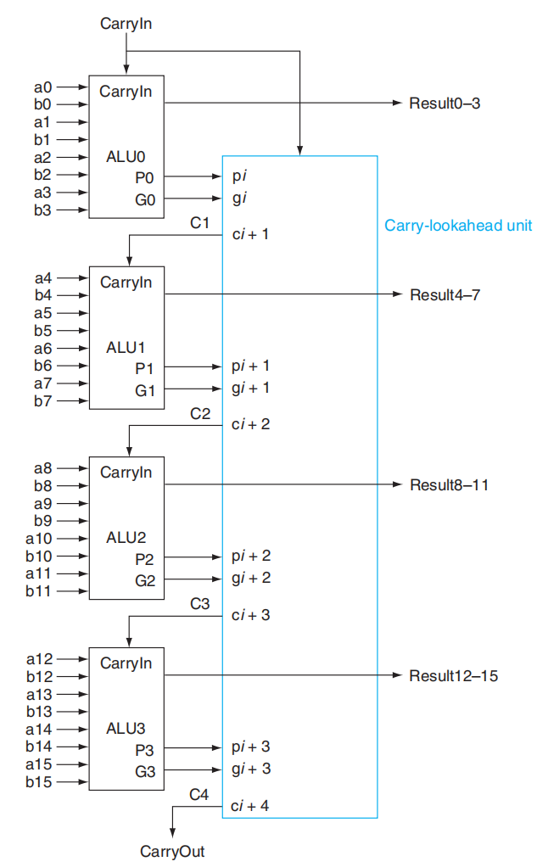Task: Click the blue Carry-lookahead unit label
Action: point(458,226)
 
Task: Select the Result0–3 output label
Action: point(445,103)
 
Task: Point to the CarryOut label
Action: point(172,851)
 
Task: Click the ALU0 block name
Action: point(126,157)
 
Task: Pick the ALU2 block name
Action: point(126,538)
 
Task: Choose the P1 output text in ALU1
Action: point(144,368)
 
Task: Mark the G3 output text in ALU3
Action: point(144,772)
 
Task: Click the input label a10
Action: point(39,539)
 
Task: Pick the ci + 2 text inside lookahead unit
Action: point(250,423)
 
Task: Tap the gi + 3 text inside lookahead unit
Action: point(250,769)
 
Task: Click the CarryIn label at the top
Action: point(126,25)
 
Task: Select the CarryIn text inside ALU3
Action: point(126,663)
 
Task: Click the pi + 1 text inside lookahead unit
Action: point(250,366)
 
